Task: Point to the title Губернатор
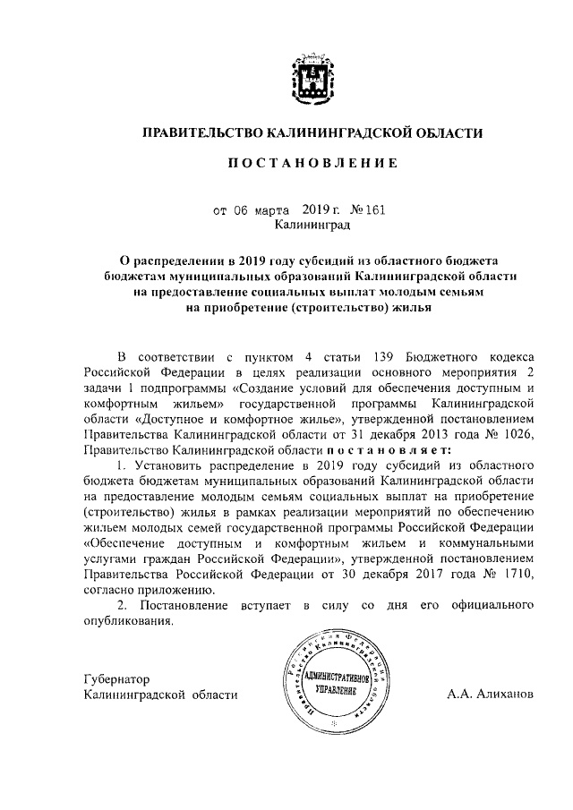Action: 116,678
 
